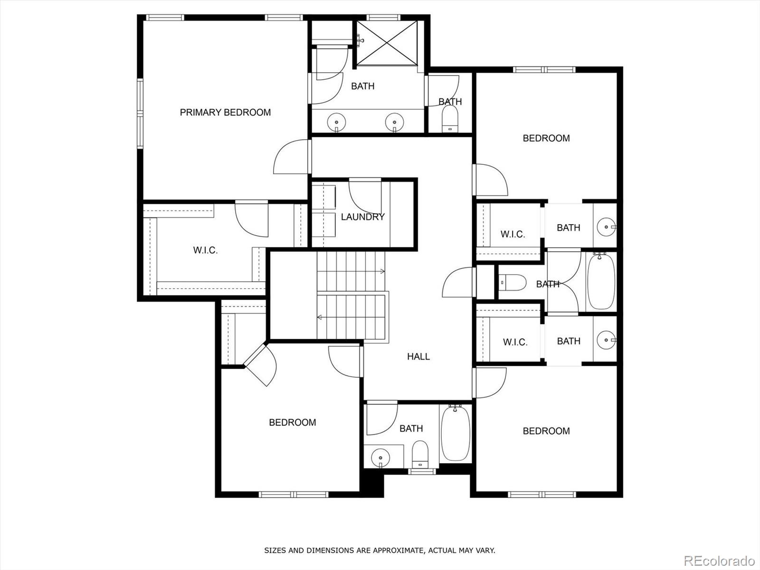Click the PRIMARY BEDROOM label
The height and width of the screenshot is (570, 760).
click(225, 113)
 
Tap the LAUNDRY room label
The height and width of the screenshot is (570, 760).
click(362, 217)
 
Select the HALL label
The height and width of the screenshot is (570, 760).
click(418, 357)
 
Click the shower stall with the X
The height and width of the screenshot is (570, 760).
click(387, 43)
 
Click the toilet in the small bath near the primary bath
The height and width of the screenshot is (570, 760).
click(449, 119)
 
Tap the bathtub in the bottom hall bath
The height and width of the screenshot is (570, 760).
click(456, 432)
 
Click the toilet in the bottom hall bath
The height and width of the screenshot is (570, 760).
click(419, 454)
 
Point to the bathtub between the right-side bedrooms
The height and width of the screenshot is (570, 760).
click(601, 281)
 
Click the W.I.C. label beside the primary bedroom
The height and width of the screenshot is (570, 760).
click(205, 250)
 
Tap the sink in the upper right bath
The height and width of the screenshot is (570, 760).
click(606, 227)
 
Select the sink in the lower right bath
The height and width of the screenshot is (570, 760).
click(606, 340)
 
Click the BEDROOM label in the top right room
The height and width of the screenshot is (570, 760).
click(546, 138)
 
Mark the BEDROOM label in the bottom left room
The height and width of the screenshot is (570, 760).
click(292, 422)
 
